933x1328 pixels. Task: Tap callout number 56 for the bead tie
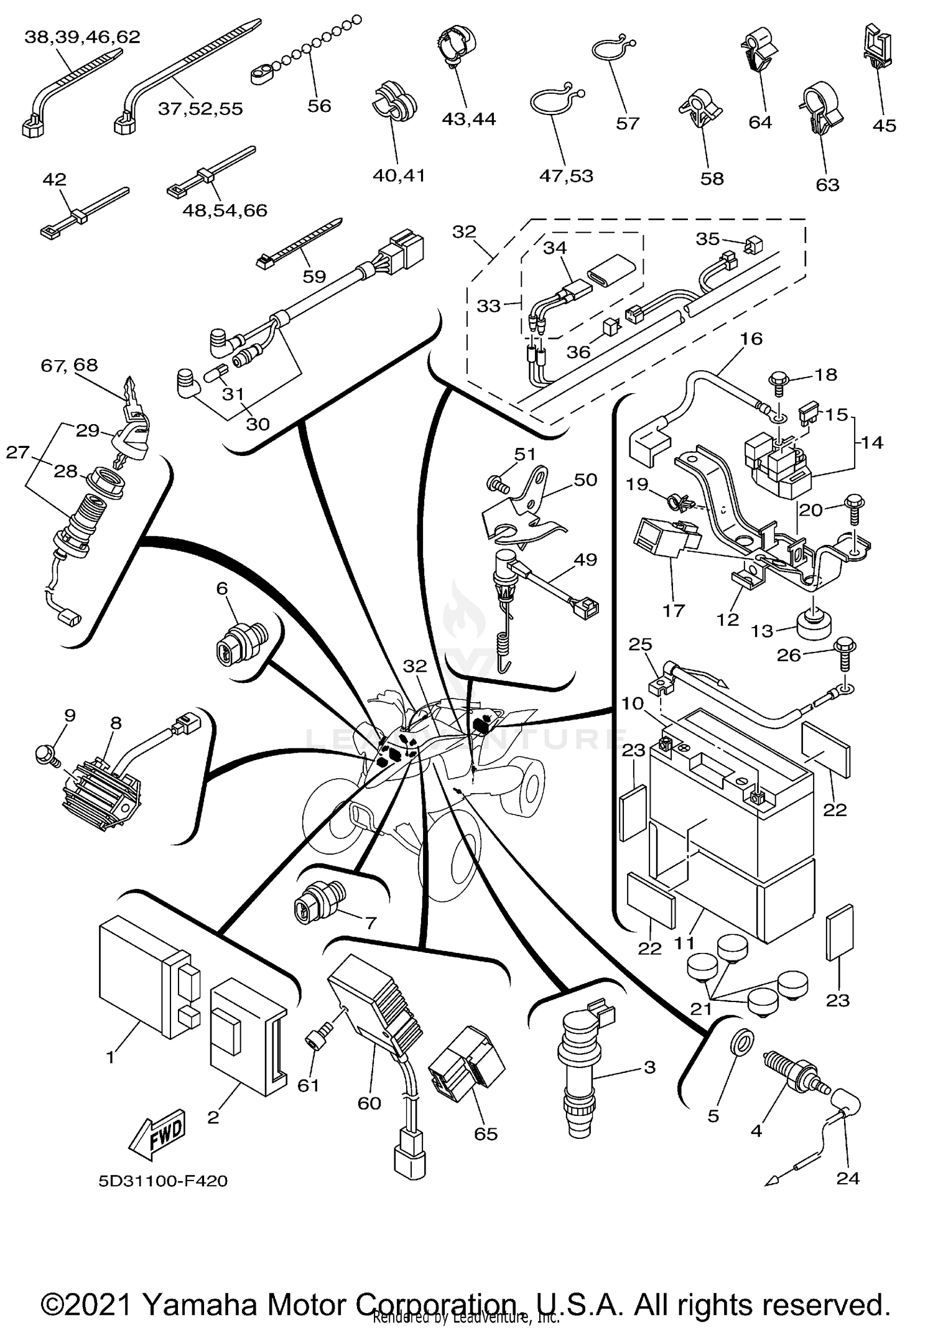(319, 106)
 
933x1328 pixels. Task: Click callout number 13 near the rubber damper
(761, 631)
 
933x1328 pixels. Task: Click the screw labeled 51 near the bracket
(496, 483)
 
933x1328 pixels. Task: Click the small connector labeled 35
(753, 246)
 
